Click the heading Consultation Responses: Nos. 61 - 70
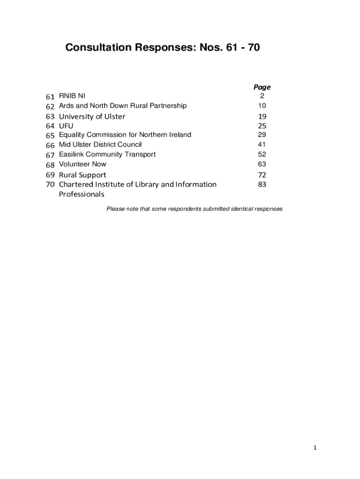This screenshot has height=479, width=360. click(x=162, y=47)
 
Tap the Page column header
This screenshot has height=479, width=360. click(x=262, y=87)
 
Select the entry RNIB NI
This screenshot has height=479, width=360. click(x=72, y=96)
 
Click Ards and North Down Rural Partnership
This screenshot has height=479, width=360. click(x=122, y=106)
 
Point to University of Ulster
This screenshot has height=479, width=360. click(x=92, y=116)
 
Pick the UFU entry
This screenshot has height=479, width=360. click(x=66, y=126)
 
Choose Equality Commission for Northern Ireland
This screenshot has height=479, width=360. click(x=125, y=135)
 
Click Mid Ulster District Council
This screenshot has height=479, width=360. click(x=100, y=145)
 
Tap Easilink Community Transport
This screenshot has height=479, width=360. click(x=107, y=154)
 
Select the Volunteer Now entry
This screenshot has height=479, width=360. click(x=82, y=164)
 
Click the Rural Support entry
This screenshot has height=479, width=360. click(x=82, y=175)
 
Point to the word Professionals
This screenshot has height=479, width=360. click(x=81, y=194)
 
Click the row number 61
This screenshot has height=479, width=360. click(x=50, y=97)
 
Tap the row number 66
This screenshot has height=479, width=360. click(x=50, y=145)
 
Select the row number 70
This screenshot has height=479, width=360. click(x=50, y=184)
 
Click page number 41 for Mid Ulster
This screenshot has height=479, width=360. click(x=262, y=145)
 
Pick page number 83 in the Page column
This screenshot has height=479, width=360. click(x=262, y=184)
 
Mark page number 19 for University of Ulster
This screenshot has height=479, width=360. click(x=262, y=116)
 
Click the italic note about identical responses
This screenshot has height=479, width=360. click(x=194, y=209)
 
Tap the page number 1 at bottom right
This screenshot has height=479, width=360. click(x=315, y=448)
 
